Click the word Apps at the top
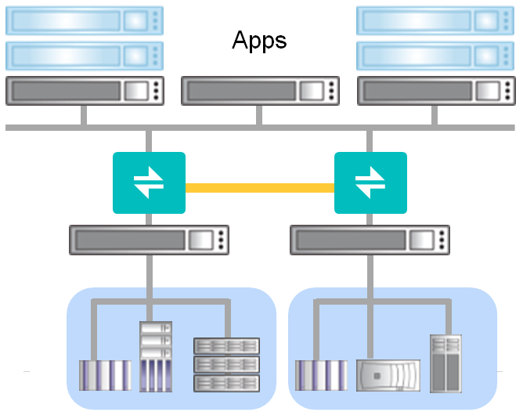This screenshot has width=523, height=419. tap(259, 40)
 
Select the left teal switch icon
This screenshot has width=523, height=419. tap(149, 182)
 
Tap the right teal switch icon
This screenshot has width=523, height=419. tap(370, 182)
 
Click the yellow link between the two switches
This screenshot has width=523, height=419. tap(259, 188)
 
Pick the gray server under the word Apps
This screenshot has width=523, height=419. tap(260, 91)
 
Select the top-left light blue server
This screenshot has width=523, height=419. tap(85, 20)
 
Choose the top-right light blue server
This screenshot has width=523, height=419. tap(435, 20)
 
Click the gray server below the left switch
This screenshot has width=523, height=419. tap(149, 240)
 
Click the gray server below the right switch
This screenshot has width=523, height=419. tap(370, 240)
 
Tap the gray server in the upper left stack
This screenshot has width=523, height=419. tap(85, 91)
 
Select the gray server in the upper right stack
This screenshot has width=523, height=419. tap(435, 91)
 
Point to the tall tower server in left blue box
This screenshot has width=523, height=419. tap(155, 356)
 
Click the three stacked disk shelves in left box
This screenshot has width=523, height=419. tap(226, 364)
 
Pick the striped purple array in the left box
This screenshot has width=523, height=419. tap(105, 375)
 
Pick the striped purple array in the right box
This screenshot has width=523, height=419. tap(321, 375)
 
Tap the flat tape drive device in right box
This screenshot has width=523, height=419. tap(388, 375)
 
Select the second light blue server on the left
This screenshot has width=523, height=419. tap(85, 56)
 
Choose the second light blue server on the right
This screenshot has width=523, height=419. tap(435, 56)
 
